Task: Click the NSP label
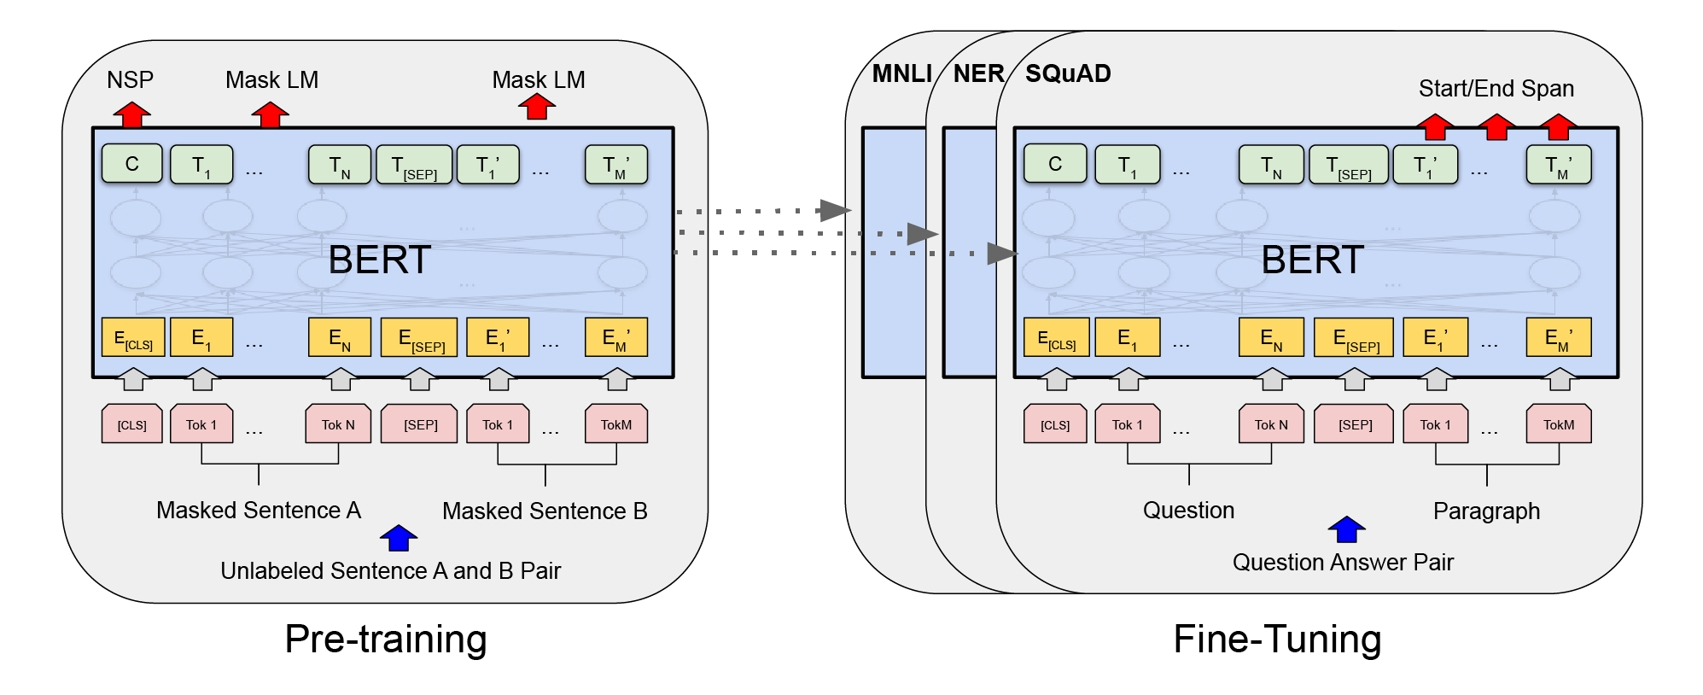(130, 80)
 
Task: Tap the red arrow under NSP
(132, 114)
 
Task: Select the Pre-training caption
(386, 640)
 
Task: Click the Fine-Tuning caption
(1277, 640)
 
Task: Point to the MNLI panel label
(901, 73)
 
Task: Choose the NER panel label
(978, 73)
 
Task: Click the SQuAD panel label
(1068, 73)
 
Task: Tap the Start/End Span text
(1496, 89)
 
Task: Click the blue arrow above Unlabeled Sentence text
(399, 538)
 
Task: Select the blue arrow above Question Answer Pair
(1346, 529)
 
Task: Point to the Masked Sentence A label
(259, 511)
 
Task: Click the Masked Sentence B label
(545, 511)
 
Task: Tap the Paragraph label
(1486, 511)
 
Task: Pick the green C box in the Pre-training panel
(131, 164)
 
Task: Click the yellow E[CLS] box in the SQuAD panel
(1056, 337)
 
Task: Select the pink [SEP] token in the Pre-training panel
(420, 424)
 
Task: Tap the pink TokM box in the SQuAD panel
(1559, 424)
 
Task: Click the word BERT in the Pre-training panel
(380, 260)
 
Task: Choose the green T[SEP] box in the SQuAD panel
(1348, 165)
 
